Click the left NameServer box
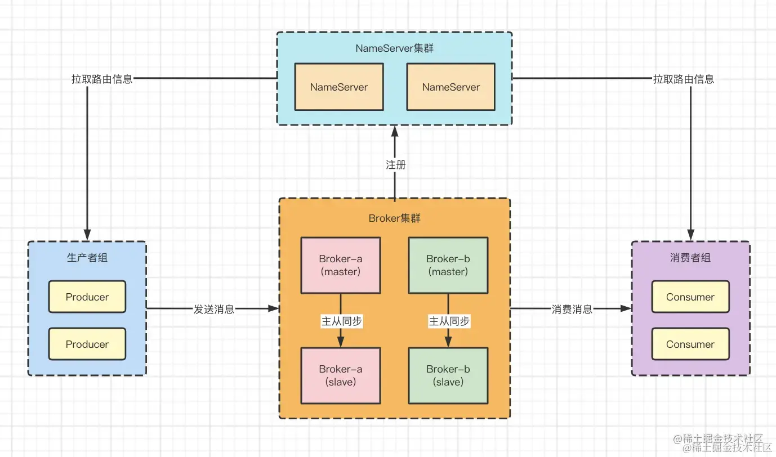pyautogui.click(x=339, y=87)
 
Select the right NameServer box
pyautogui.click(x=451, y=87)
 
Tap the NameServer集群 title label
pyautogui.click(x=394, y=48)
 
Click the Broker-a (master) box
pyautogui.click(x=340, y=265)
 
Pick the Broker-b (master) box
pyautogui.click(x=448, y=265)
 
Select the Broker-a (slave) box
pyautogui.click(x=340, y=375)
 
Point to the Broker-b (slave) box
pyautogui.click(x=448, y=375)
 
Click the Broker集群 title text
pyautogui.click(x=394, y=218)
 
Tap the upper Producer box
pyautogui.click(x=87, y=297)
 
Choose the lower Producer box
pyautogui.click(x=87, y=344)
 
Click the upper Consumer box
pyautogui.click(x=690, y=297)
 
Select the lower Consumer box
pyautogui.click(x=690, y=344)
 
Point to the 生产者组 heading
pyautogui.click(x=87, y=258)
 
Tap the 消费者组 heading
pyautogui.click(x=690, y=258)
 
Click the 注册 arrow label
pyautogui.click(x=395, y=165)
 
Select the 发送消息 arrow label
pyautogui.click(x=214, y=309)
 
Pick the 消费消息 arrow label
pyautogui.click(x=572, y=309)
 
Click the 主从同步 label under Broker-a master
pyautogui.click(x=341, y=321)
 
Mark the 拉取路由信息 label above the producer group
pyautogui.click(x=102, y=79)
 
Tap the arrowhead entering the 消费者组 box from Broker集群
pyautogui.click(x=626, y=308)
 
